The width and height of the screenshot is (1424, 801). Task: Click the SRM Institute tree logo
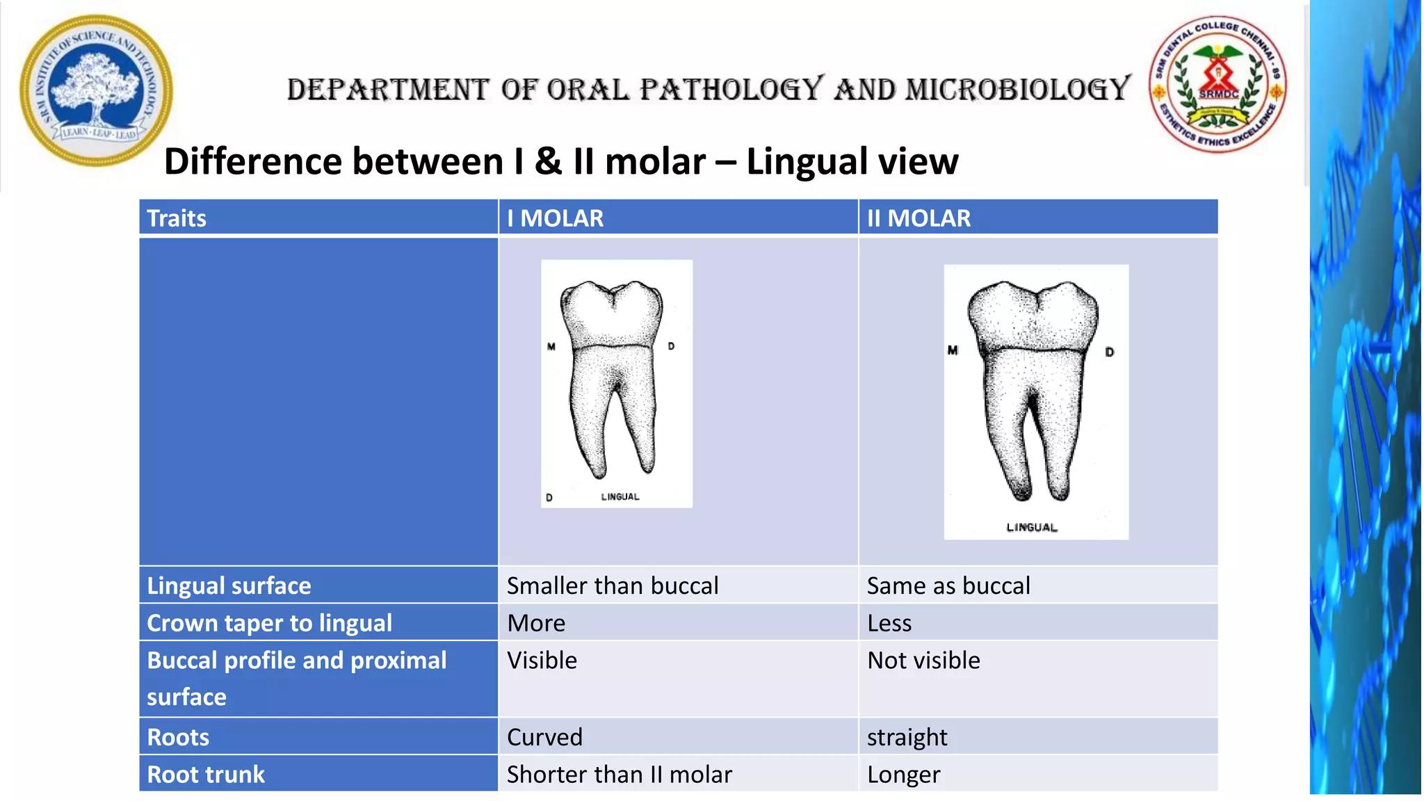coord(96,90)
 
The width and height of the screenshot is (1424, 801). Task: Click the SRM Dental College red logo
coord(1217,84)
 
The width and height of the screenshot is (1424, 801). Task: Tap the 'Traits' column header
coord(177,218)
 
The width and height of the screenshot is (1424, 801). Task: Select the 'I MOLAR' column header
coord(555,218)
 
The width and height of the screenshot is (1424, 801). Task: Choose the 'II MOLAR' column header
coord(919,218)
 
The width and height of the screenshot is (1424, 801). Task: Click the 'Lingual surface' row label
coord(229,585)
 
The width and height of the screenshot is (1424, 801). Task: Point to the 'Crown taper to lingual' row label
coord(269,623)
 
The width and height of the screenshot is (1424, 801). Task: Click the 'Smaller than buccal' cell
coord(612,585)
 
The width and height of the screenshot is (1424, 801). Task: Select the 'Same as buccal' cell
coord(948,585)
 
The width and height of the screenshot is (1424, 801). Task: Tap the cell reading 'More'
coord(536,623)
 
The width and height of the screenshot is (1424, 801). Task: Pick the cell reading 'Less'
coord(889,623)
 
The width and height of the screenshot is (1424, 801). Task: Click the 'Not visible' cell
coord(923,660)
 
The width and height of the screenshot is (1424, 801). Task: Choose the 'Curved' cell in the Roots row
coord(544,737)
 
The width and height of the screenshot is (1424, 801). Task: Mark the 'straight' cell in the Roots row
coord(907,737)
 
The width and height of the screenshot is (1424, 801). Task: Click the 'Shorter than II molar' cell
coord(619,775)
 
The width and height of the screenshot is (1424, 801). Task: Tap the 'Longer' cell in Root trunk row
coord(903,775)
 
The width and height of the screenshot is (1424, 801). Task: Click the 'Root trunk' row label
coord(206,775)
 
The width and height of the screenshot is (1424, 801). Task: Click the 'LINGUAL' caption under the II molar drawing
coord(1032,528)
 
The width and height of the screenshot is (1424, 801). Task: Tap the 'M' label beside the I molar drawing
coord(551,346)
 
